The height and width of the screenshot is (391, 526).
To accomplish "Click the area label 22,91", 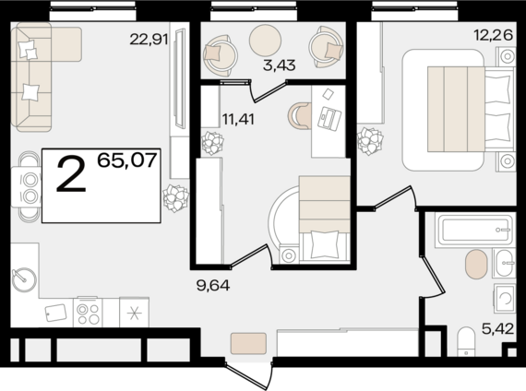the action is point(149,40).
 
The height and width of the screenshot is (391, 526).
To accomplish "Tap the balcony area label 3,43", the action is point(279,65).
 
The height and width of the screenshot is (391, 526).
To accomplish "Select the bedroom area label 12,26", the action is point(493,34).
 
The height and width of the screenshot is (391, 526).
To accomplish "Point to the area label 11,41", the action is point(238,119).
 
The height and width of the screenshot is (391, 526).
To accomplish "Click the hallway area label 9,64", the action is point(213,285).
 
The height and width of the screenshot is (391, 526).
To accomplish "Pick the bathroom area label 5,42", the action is point(497,328).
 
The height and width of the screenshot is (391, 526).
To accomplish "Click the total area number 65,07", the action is point(127,160).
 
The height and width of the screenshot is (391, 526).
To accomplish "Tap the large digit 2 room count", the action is point(71,175).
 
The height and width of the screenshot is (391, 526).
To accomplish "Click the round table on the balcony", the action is point(265,41).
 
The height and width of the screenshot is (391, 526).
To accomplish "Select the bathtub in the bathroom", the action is point(474,231).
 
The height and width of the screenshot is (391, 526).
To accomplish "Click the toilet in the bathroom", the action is point(466,341).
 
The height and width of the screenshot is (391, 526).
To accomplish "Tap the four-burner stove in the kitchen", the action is point(88,312).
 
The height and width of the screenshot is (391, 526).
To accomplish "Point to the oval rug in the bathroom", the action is point(476,264).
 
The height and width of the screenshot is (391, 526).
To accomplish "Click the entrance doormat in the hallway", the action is point(248,343).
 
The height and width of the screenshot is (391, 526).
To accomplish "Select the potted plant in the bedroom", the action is point(370,141).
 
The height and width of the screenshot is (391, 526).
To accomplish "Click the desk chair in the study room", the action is point(300,116).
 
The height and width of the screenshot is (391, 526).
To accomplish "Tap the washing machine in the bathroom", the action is point(504,297).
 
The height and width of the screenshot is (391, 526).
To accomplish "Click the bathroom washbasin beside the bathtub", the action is point(504,263).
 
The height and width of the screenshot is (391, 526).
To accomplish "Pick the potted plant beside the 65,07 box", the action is point(175,198).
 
